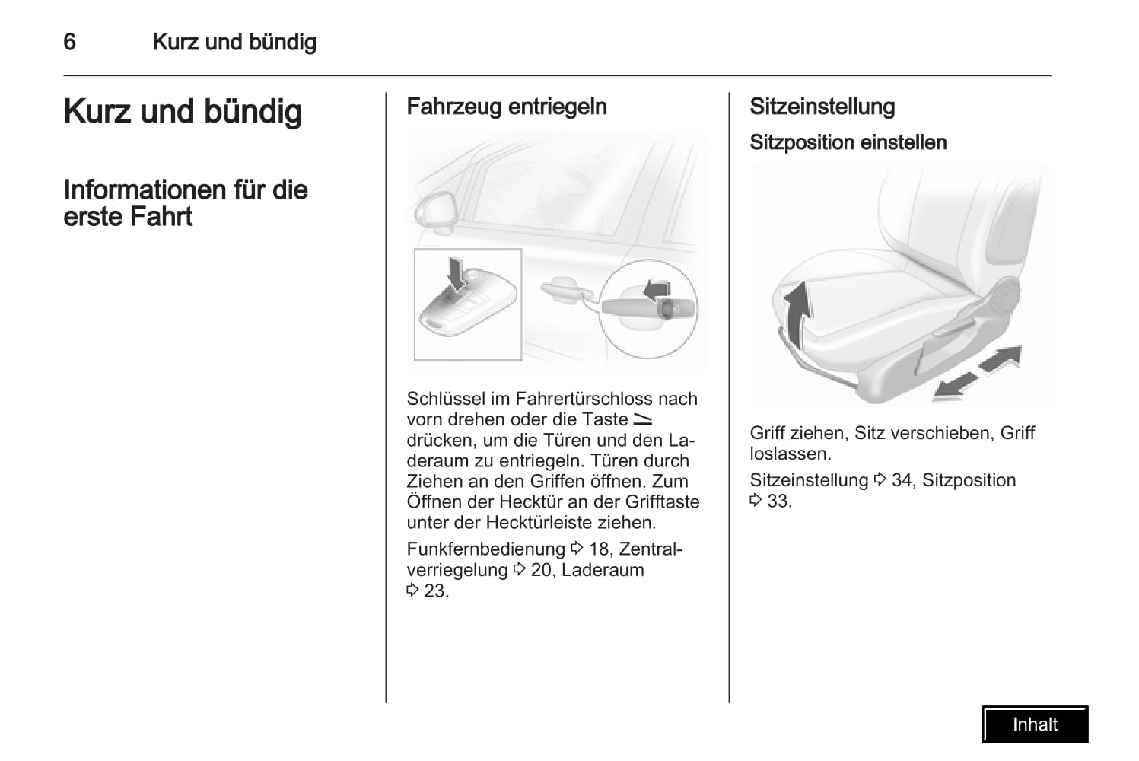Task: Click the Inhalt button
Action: (x=1035, y=724)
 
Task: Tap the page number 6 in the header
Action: (x=69, y=42)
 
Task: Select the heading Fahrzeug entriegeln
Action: (x=507, y=107)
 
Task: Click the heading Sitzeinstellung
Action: (x=822, y=107)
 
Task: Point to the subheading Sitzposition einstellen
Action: (x=848, y=142)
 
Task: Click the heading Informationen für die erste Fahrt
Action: (x=185, y=203)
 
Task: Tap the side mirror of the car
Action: (x=436, y=211)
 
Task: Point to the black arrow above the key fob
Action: (x=456, y=272)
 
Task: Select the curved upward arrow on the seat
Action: (x=797, y=312)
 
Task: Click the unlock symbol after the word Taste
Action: (x=642, y=419)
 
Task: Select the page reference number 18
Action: (x=599, y=549)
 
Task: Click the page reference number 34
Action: (x=902, y=480)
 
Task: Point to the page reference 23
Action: (x=435, y=591)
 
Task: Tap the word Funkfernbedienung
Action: (x=485, y=549)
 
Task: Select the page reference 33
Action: (x=778, y=501)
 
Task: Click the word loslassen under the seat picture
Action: (x=789, y=454)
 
